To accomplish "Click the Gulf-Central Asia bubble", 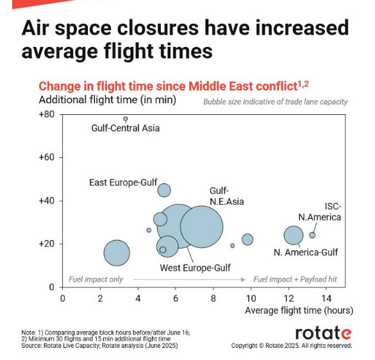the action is click(126, 119).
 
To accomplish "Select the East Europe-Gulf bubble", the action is click(164, 191).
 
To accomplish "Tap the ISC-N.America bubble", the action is click(312, 235).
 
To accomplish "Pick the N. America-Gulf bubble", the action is click(294, 236).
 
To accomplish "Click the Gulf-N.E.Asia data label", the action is click(227, 196).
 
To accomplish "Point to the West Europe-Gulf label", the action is click(195, 268).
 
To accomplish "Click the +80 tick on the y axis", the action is click(47, 114).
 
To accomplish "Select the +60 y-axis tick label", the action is click(47, 157).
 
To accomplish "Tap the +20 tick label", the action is click(47, 244).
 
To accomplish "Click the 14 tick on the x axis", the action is click(326, 298).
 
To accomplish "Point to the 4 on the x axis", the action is click(138, 298).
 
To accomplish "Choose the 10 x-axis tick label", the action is click(251, 298).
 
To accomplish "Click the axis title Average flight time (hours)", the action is click(299, 311).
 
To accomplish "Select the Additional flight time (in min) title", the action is click(108, 100).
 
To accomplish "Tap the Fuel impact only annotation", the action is click(96, 279).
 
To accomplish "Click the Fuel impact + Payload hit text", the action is click(295, 279).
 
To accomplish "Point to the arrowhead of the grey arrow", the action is click(243, 280).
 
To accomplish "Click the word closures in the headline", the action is click(158, 28).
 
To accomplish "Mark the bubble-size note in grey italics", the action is click(275, 102).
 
